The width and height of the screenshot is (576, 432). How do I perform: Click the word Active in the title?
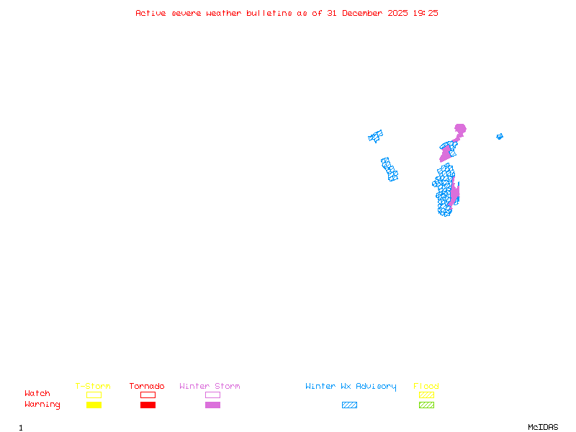(x=151, y=13)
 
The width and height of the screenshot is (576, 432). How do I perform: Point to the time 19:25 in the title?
(x=425, y=13)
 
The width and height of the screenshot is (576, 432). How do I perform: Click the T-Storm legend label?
(x=93, y=387)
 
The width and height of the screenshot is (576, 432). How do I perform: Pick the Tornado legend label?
(x=147, y=387)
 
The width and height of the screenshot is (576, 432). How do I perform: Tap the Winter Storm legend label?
(x=210, y=387)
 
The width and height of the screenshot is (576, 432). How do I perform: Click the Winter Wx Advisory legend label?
(x=351, y=387)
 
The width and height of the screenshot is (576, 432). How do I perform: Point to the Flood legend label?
(x=426, y=387)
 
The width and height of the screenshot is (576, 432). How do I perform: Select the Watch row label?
(x=37, y=394)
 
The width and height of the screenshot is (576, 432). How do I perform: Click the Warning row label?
(x=42, y=405)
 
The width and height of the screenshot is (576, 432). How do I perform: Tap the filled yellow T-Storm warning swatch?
(x=94, y=405)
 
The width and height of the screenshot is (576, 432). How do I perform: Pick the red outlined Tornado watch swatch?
(x=148, y=395)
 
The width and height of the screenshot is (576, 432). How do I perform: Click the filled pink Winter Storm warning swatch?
(x=212, y=405)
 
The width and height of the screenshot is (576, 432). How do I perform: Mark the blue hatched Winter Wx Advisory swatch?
(x=349, y=405)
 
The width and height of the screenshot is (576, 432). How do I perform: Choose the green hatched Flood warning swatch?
(x=426, y=405)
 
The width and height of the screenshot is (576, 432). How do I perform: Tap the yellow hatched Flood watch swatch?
(x=426, y=395)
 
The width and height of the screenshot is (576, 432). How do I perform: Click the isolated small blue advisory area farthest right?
(x=500, y=136)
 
